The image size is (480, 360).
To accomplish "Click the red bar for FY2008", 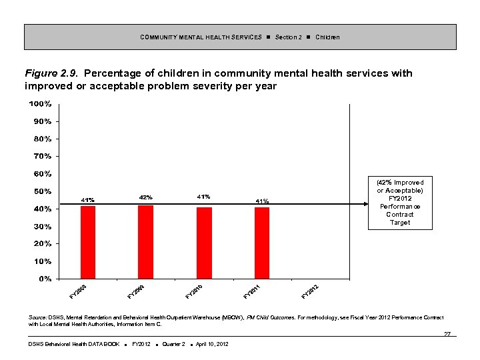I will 87,242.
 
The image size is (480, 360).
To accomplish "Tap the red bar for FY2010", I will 204,243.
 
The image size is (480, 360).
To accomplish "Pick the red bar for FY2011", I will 262,243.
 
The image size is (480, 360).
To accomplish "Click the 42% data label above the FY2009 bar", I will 145,197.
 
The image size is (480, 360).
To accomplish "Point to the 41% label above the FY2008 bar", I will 87,199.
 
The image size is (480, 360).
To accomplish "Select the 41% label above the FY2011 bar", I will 262,201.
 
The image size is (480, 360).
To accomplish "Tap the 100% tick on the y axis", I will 40,104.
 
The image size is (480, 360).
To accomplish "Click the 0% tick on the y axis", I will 44,279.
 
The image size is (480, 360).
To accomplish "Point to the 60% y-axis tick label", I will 43,174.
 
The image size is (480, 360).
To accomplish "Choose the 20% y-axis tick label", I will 43,243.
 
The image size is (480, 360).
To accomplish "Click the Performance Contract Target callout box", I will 400,203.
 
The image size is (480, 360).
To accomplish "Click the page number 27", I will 447,333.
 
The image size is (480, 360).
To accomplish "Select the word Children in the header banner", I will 327,37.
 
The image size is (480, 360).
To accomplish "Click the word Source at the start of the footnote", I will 37,317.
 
